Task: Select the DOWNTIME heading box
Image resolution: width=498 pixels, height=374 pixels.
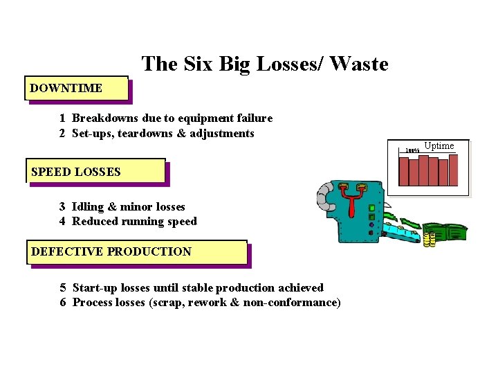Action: pyautogui.click(x=77, y=88)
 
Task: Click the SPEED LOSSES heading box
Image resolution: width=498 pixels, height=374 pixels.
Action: pyautogui.click(x=96, y=171)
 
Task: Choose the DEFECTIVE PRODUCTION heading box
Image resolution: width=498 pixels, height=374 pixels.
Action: pyautogui.click(x=136, y=252)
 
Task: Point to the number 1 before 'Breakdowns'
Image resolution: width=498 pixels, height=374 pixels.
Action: pyautogui.click(x=62, y=118)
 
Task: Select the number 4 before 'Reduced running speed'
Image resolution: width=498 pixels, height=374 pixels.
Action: pyautogui.click(x=62, y=222)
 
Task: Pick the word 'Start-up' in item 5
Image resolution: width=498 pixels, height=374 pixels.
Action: pyautogui.click(x=95, y=287)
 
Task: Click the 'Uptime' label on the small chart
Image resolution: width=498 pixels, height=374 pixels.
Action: pyautogui.click(x=439, y=145)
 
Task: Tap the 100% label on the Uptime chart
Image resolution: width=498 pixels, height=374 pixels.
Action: pyautogui.click(x=412, y=150)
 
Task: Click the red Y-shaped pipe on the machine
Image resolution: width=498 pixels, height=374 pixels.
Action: pyautogui.click(x=353, y=205)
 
